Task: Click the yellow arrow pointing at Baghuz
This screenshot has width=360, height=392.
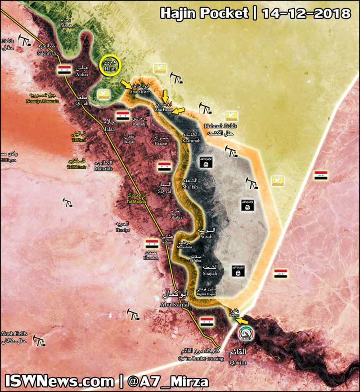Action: [242, 320]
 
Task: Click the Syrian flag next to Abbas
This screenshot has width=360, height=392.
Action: [65, 69]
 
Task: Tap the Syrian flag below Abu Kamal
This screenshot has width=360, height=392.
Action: [207, 321]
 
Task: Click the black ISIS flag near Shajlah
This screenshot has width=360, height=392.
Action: [237, 270]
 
